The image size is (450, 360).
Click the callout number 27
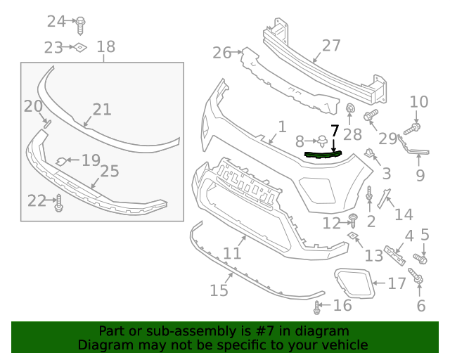pyautogui.click(x=330, y=46)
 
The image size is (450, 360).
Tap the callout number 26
pyautogui.click(x=221, y=52)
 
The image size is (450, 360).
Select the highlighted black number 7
pyautogui.click(x=335, y=131)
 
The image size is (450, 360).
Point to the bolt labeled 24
pyautogui.click(x=80, y=23)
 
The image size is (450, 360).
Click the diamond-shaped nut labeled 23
pyautogui.click(x=81, y=47)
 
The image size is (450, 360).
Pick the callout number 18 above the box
pyautogui.click(x=105, y=47)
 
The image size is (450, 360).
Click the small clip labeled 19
pyautogui.click(x=62, y=162)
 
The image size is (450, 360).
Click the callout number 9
pyautogui.click(x=420, y=174)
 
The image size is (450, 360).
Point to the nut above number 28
pyautogui.click(x=349, y=109)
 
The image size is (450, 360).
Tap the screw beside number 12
pyautogui.click(x=354, y=220)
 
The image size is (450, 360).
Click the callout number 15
pyautogui.click(x=219, y=290)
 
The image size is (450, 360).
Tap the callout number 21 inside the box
pyautogui.click(x=102, y=109)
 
